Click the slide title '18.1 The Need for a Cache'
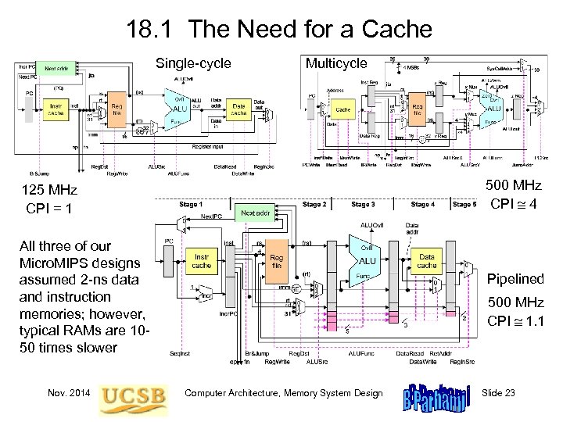[279, 30]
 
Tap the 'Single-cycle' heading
[194, 63]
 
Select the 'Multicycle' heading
[336, 63]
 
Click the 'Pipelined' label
[515, 279]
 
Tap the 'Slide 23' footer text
[499, 393]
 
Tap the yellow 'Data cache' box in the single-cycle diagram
[239, 109]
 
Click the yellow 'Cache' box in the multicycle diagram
[342, 111]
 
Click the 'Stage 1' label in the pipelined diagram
[190, 205]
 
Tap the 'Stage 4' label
[422, 205]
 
